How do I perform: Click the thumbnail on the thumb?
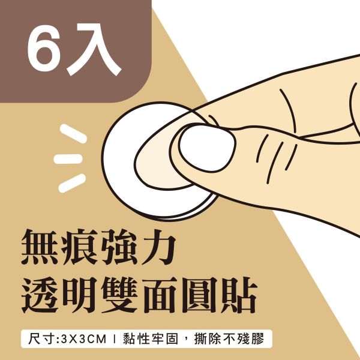pyautogui.click(x=206, y=151)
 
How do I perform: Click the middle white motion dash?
pyautogui.click(x=67, y=159)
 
